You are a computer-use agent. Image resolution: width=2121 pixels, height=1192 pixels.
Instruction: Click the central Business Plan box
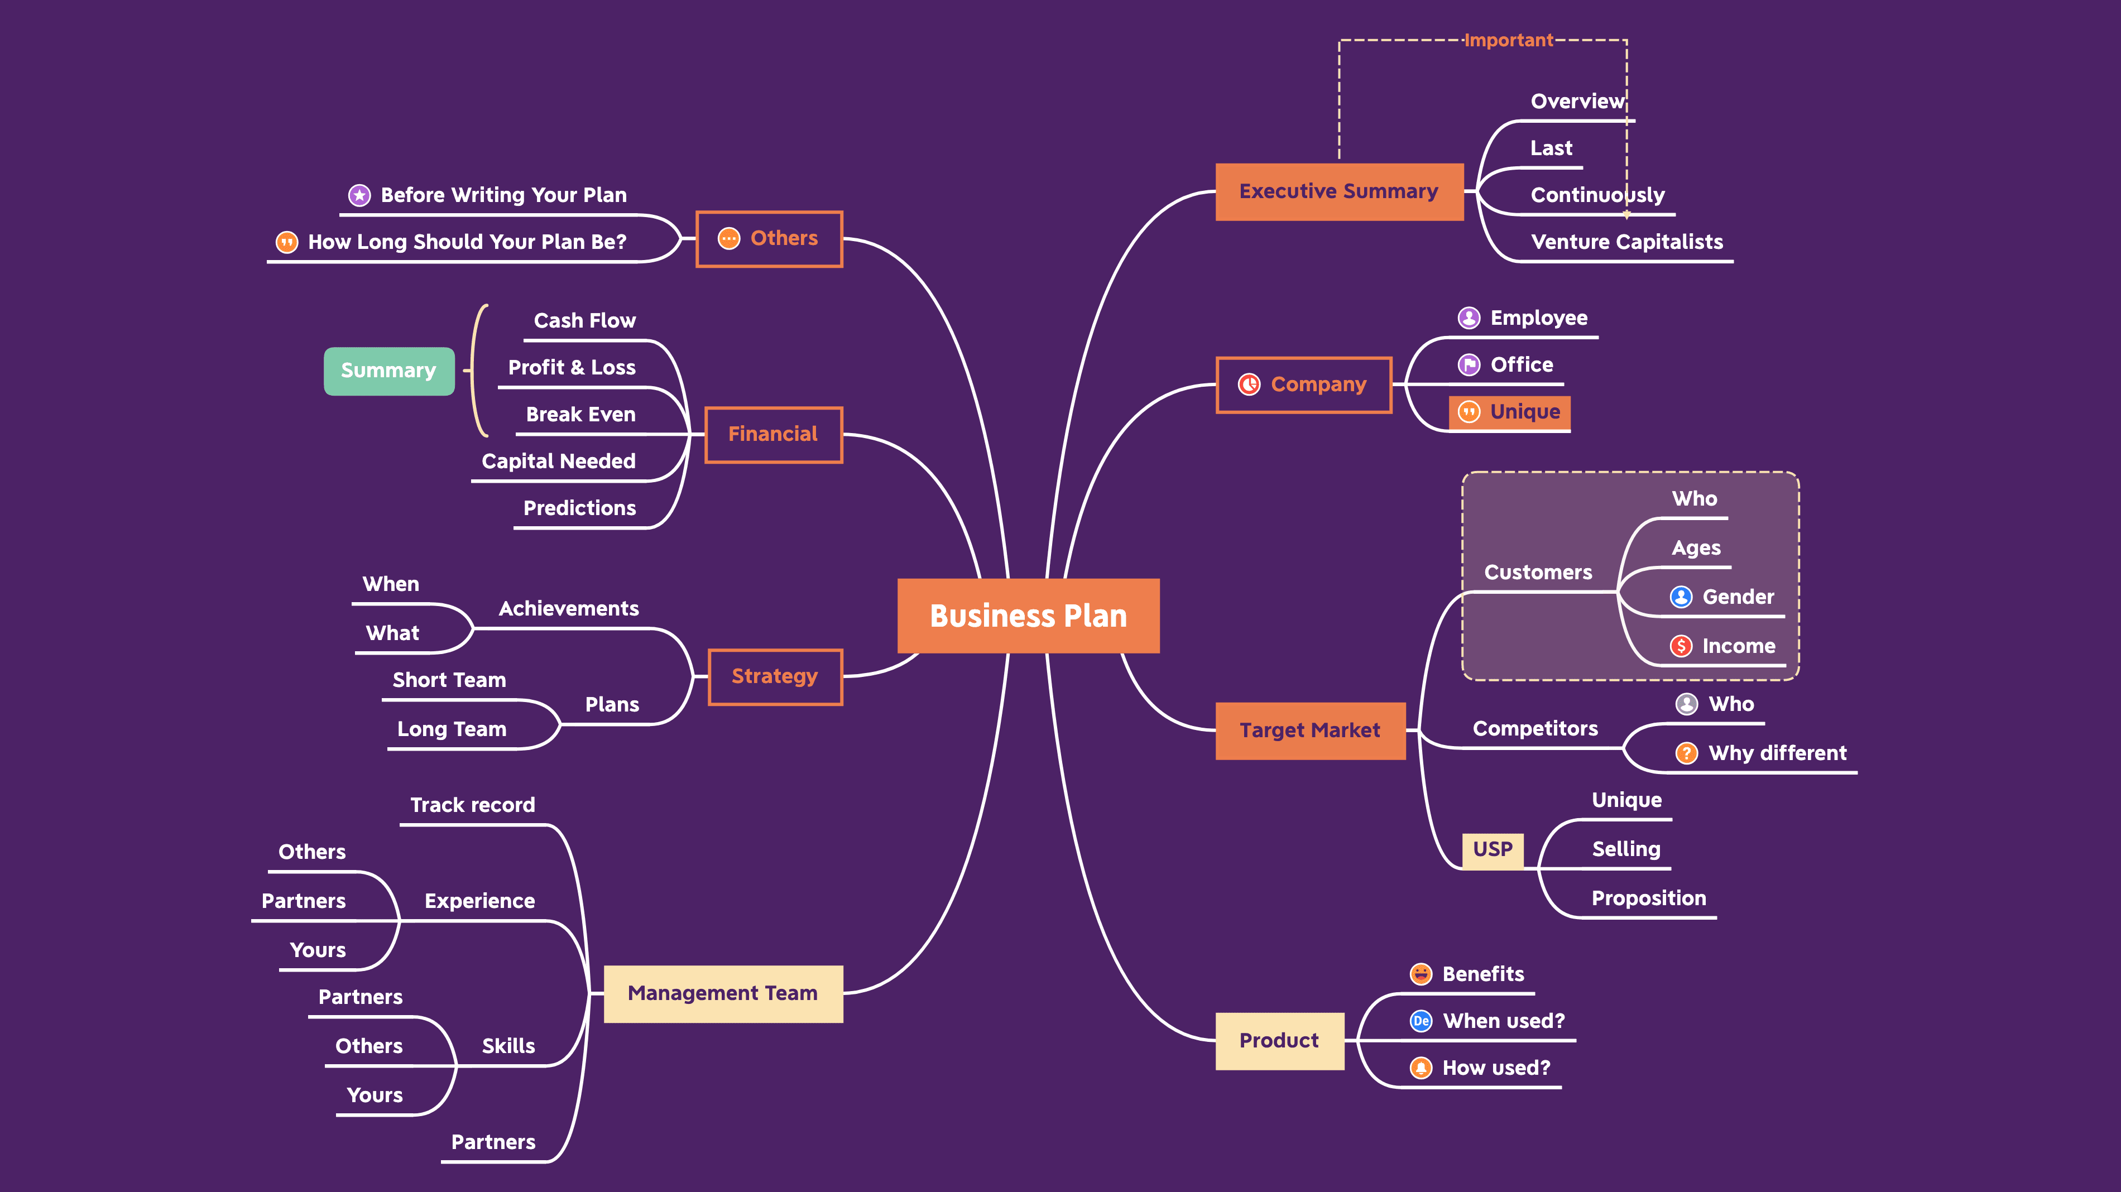coord(1028,616)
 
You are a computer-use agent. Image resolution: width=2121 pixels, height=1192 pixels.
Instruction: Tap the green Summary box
coord(388,371)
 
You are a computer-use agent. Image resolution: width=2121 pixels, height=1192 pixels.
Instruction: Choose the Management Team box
coord(722,993)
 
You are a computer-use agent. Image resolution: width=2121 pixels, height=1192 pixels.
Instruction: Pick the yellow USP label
coord(1492,849)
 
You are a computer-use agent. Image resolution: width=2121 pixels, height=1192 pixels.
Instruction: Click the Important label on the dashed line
coord(1508,40)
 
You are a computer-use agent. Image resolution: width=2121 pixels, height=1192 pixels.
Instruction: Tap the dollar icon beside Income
coord(1681,646)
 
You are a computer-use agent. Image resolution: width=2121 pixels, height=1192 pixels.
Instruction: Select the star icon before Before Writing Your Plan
coord(359,195)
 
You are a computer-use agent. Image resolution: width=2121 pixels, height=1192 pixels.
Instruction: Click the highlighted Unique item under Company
coord(1509,412)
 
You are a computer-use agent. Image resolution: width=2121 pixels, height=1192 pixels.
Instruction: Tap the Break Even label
coord(580,414)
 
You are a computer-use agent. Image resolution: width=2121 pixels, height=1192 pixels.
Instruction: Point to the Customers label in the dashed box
coord(1537,571)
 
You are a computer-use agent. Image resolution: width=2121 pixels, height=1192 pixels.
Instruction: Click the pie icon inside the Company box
coord(1249,384)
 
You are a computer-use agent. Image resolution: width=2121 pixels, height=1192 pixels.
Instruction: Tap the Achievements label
coord(568,608)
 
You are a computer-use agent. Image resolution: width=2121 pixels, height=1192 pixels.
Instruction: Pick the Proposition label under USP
coord(1648,897)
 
